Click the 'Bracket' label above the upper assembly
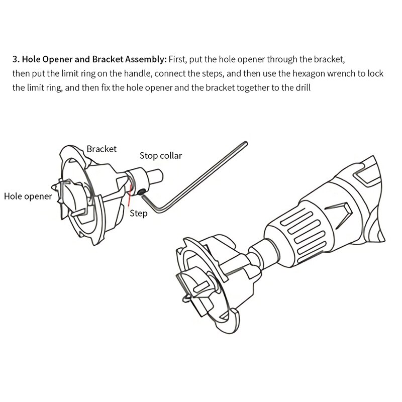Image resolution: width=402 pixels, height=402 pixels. [102, 149]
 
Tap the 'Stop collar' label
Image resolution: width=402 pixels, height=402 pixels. [161, 155]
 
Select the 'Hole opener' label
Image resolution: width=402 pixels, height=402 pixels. [28, 196]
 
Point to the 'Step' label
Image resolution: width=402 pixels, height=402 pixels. [139, 214]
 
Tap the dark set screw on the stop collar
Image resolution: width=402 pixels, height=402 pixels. [142, 190]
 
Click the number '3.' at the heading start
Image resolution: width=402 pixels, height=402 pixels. [16, 59]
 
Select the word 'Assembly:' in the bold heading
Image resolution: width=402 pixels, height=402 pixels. [146, 59]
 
